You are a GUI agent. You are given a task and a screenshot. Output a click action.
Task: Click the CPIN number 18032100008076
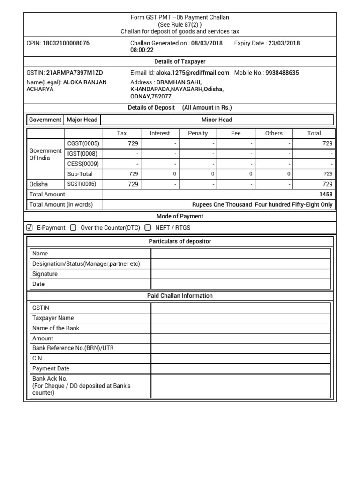(x=66, y=43)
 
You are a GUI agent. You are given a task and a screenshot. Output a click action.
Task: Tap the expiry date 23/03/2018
(x=284, y=43)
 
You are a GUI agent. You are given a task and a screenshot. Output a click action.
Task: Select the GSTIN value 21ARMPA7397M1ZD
(x=75, y=73)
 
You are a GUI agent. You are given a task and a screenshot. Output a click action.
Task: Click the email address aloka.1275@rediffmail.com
(x=192, y=73)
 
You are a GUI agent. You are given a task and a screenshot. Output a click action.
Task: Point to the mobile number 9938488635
(x=282, y=73)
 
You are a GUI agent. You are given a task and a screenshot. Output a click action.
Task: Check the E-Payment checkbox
(x=30, y=228)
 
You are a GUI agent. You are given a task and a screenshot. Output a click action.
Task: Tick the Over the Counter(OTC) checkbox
(x=73, y=228)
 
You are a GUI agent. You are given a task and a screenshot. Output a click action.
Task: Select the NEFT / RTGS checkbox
(x=148, y=228)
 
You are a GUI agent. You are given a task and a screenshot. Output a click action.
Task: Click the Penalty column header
(x=198, y=133)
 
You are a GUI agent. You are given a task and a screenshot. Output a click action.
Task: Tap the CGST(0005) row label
(x=83, y=144)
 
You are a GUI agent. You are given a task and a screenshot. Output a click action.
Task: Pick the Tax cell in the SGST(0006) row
(x=122, y=184)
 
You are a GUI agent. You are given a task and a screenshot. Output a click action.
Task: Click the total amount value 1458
(x=326, y=195)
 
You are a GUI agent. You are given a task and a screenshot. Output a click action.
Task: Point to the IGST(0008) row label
(x=83, y=154)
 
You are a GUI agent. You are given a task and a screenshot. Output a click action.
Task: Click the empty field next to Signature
(x=240, y=274)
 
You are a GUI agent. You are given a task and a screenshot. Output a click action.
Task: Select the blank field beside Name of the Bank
(x=240, y=328)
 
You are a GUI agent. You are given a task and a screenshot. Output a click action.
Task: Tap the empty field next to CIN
(x=240, y=358)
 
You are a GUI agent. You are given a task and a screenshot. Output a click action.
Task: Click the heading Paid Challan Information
(x=180, y=296)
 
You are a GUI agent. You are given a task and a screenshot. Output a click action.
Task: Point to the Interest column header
(x=160, y=133)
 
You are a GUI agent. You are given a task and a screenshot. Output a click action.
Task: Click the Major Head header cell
(x=82, y=120)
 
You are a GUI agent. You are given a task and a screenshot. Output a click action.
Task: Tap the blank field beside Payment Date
(x=240, y=368)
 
